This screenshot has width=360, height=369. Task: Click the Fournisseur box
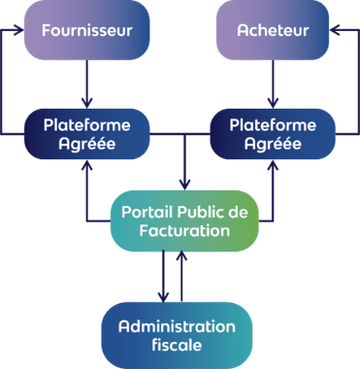tap(87, 30)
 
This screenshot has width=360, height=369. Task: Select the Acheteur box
tap(273, 30)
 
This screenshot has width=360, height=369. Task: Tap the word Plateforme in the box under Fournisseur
tap(87, 125)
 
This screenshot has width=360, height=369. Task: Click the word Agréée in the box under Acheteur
tap(273, 144)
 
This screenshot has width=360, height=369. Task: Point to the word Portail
tap(147, 213)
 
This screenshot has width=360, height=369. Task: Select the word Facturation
tap(184, 231)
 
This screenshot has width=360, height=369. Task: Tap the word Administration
tap(177, 326)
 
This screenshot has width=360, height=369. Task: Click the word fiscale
tap(177, 345)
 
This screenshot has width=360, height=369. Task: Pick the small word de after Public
tap(238, 213)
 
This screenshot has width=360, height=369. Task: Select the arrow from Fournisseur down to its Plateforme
tap(87, 84)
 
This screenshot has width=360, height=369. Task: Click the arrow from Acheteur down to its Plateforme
tap(273, 84)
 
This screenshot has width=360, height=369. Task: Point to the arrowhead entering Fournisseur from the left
tap(19, 30)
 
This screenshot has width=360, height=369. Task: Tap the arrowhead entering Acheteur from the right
tap(335, 30)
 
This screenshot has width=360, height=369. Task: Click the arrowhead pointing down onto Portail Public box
tap(184, 185)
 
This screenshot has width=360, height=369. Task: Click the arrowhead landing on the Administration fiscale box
tap(163, 297)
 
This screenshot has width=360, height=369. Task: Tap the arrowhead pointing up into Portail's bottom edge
tap(181, 256)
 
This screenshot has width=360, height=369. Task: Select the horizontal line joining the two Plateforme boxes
tap(180, 134)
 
